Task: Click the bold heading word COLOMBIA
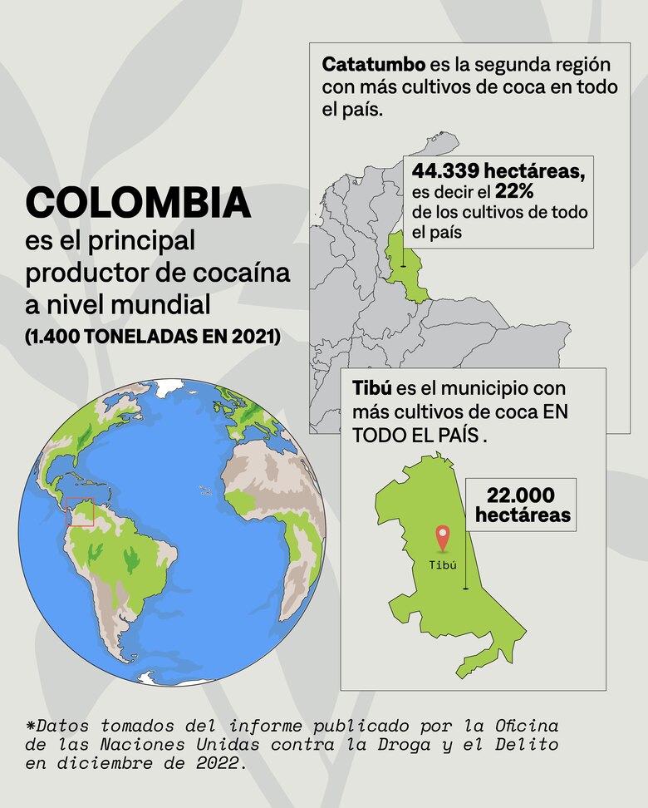click(138, 203)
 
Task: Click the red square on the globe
click(80, 511)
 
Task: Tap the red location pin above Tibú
click(443, 539)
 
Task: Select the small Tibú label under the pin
click(443, 564)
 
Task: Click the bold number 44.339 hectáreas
click(498, 171)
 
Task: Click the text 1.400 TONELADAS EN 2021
click(153, 337)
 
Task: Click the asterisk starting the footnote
click(31, 726)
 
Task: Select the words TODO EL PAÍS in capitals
click(415, 435)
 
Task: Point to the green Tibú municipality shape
click(432, 599)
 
